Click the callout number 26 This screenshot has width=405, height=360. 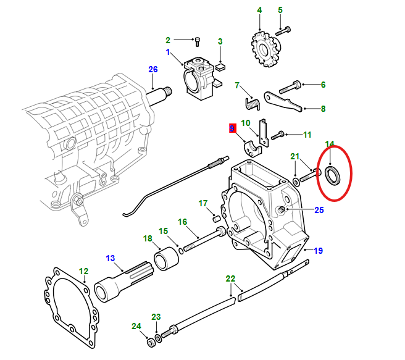pos(153,69)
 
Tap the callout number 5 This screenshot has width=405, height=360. pos(280,10)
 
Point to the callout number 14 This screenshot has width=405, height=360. pos(330,144)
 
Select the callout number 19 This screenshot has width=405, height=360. pos(319,251)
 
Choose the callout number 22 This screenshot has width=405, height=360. pos(230,278)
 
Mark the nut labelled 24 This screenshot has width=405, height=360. pos(150,341)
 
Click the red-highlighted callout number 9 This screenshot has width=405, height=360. pos(232,129)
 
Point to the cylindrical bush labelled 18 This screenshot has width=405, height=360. pos(166,257)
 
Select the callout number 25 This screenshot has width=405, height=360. pos(319,210)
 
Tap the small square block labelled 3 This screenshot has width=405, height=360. pos(221,62)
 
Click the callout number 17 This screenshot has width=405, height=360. pos(203,203)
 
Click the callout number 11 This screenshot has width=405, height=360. pos(307,134)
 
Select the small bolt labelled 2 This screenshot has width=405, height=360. pos(197,42)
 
